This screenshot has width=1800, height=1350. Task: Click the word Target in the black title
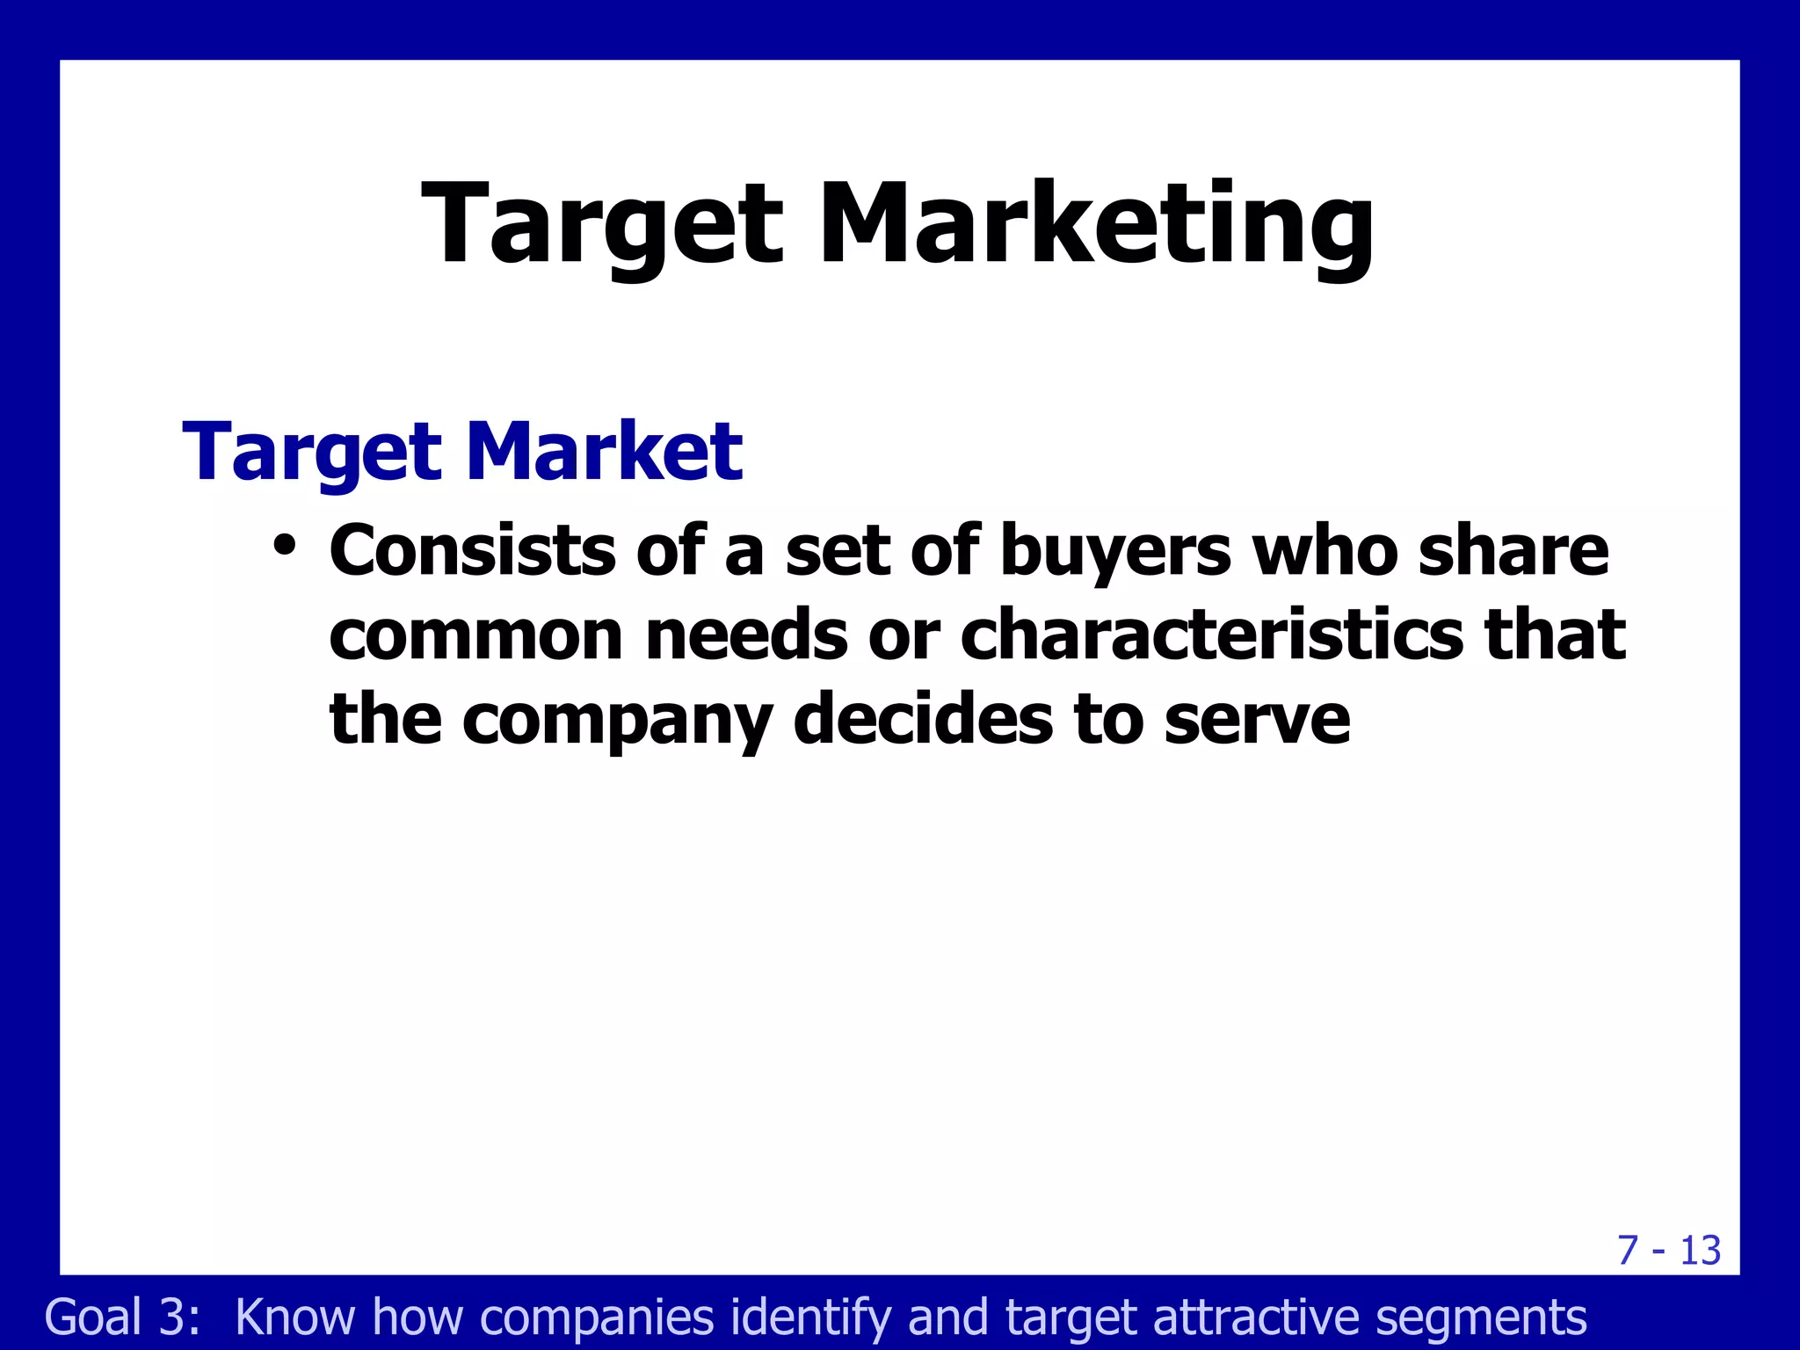click(602, 224)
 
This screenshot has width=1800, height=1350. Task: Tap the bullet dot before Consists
click(284, 546)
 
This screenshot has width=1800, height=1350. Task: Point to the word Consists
click(473, 551)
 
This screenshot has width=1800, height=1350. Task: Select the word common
click(476, 635)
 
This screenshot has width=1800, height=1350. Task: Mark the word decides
click(923, 719)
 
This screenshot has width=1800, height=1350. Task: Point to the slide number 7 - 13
click(1669, 1251)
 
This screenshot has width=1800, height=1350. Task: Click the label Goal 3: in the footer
click(123, 1317)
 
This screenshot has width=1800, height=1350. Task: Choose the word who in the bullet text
click(1325, 551)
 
